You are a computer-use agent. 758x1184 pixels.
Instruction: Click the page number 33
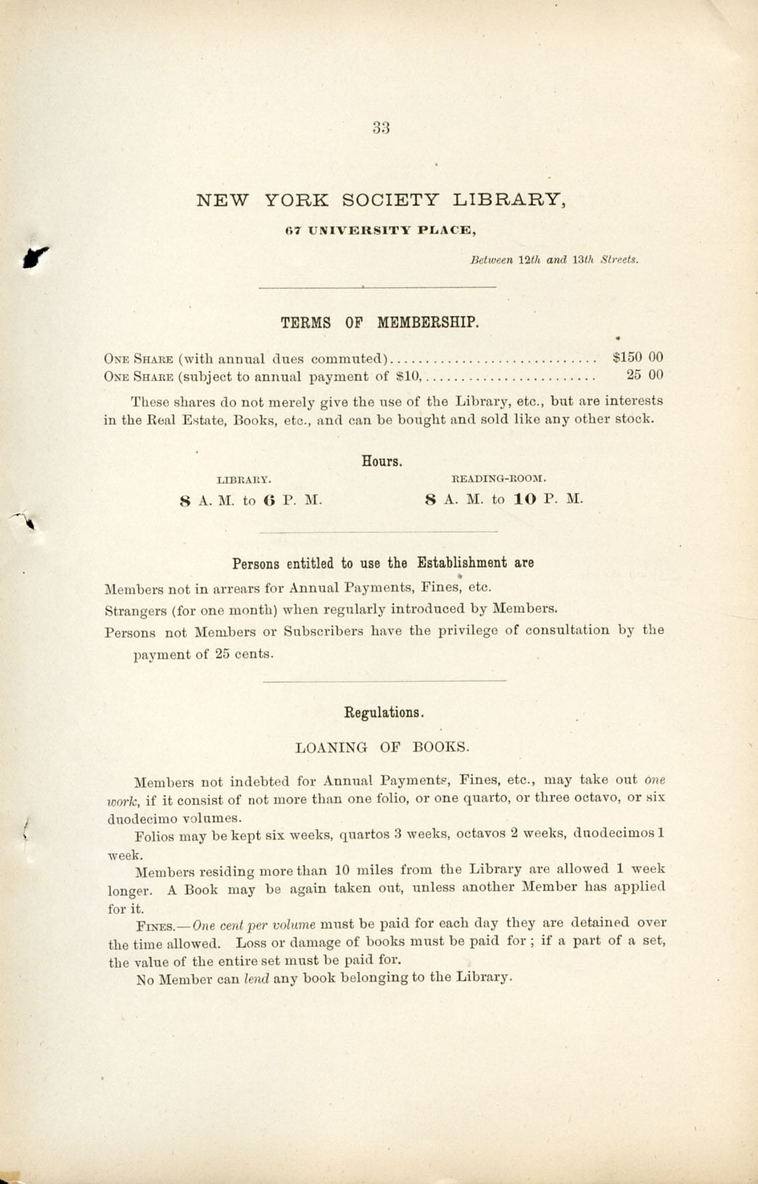tap(381, 128)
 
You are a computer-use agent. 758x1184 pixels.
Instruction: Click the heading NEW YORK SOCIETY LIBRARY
tap(381, 200)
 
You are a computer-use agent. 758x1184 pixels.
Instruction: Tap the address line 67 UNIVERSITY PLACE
tap(380, 231)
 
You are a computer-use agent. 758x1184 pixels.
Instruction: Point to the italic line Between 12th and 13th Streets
tap(554, 260)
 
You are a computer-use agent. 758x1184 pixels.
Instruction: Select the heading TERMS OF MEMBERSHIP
tap(379, 323)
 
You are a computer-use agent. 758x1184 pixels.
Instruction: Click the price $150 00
tap(638, 357)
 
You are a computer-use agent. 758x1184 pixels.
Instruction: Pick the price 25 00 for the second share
tap(645, 375)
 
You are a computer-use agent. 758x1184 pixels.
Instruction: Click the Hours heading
tap(382, 460)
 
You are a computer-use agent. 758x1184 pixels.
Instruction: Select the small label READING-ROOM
tap(499, 478)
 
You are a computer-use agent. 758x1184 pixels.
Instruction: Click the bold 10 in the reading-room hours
tap(525, 500)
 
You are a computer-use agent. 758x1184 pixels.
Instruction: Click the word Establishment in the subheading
tap(462, 563)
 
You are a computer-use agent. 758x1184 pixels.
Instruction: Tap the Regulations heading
tap(384, 712)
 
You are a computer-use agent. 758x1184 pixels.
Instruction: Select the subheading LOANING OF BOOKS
tap(382, 747)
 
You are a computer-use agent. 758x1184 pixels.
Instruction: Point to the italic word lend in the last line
tap(257, 978)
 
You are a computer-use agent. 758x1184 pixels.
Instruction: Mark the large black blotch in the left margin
tap(35, 256)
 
